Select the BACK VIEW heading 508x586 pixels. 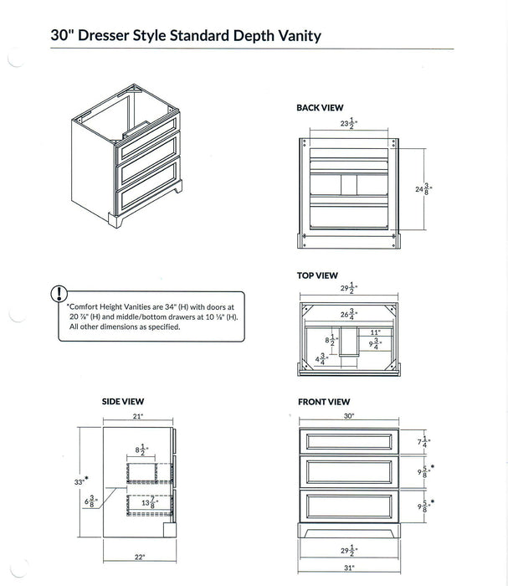[x=320, y=108]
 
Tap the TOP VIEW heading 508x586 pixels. [x=317, y=275]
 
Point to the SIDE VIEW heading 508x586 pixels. [x=123, y=402]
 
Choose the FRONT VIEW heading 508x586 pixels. [x=324, y=402]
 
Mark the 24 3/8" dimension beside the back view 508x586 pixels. [x=423, y=189]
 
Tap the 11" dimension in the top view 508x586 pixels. [x=375, y=332]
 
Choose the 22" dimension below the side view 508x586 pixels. [x=139, y=557]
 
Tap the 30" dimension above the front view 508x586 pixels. [x=348, y=416]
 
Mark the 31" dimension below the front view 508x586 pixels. [x=348, y=568]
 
